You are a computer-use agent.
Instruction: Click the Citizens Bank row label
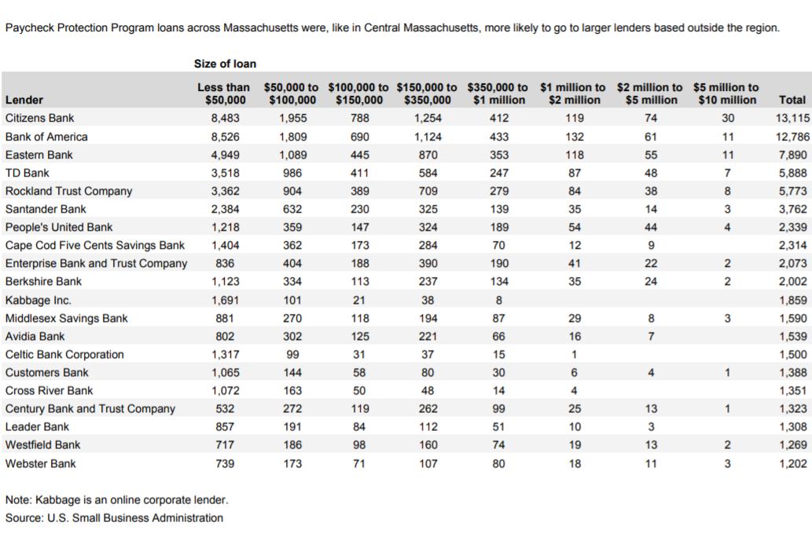click(x=39, y=118)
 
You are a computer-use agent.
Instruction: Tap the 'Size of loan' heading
click(x=225, y=64)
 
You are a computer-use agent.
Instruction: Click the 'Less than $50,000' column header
click(x=224, y=93)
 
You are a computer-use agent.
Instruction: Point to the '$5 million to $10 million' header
click(x=726, y=93)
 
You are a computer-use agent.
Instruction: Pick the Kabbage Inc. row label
click(x=38, y=300)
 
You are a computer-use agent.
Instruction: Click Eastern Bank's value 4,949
click(x=225, y=155)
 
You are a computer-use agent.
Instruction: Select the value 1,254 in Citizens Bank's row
click(x=428, y=118)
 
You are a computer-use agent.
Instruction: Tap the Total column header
click(x=792, y=100)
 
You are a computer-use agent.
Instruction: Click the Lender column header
click(x=24, y=100)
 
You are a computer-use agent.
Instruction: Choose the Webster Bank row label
click(x=41, y=463)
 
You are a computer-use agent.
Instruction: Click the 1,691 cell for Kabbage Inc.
click(x=225, y=300)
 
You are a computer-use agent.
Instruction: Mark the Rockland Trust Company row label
click(x=68, y=191)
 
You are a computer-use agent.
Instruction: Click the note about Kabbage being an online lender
click(x=116, y=500)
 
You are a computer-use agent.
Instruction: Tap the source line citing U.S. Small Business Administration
click(x=114, y=518)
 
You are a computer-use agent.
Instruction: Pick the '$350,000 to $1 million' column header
click(x=498, y=93)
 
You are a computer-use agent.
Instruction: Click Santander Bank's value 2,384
click(x=225, y=209)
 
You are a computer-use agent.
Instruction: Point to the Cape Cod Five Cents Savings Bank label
click(x=95, y=245)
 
